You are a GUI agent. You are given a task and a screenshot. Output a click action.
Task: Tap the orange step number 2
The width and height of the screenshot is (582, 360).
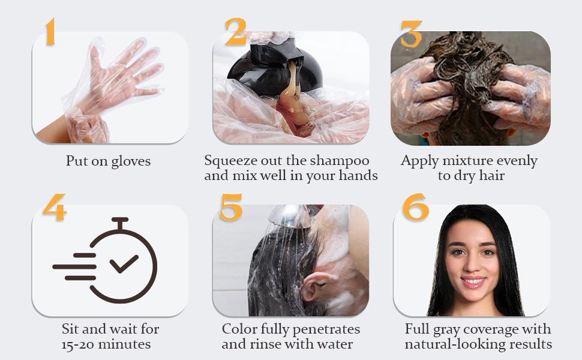pyautogui.click(x=235, y=31)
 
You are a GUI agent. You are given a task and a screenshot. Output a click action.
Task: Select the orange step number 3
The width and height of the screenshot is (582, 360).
pyautogui.click(x=411, y=34)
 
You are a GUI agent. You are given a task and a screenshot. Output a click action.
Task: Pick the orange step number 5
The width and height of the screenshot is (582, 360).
pyautogui.click(x=230, y=207)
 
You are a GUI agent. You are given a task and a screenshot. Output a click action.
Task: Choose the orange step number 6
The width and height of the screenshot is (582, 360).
pyautogui.click(x=415, y=207)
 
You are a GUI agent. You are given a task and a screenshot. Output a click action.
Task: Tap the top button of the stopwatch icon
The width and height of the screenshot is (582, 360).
pyautogui.click(x=120, y=220)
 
